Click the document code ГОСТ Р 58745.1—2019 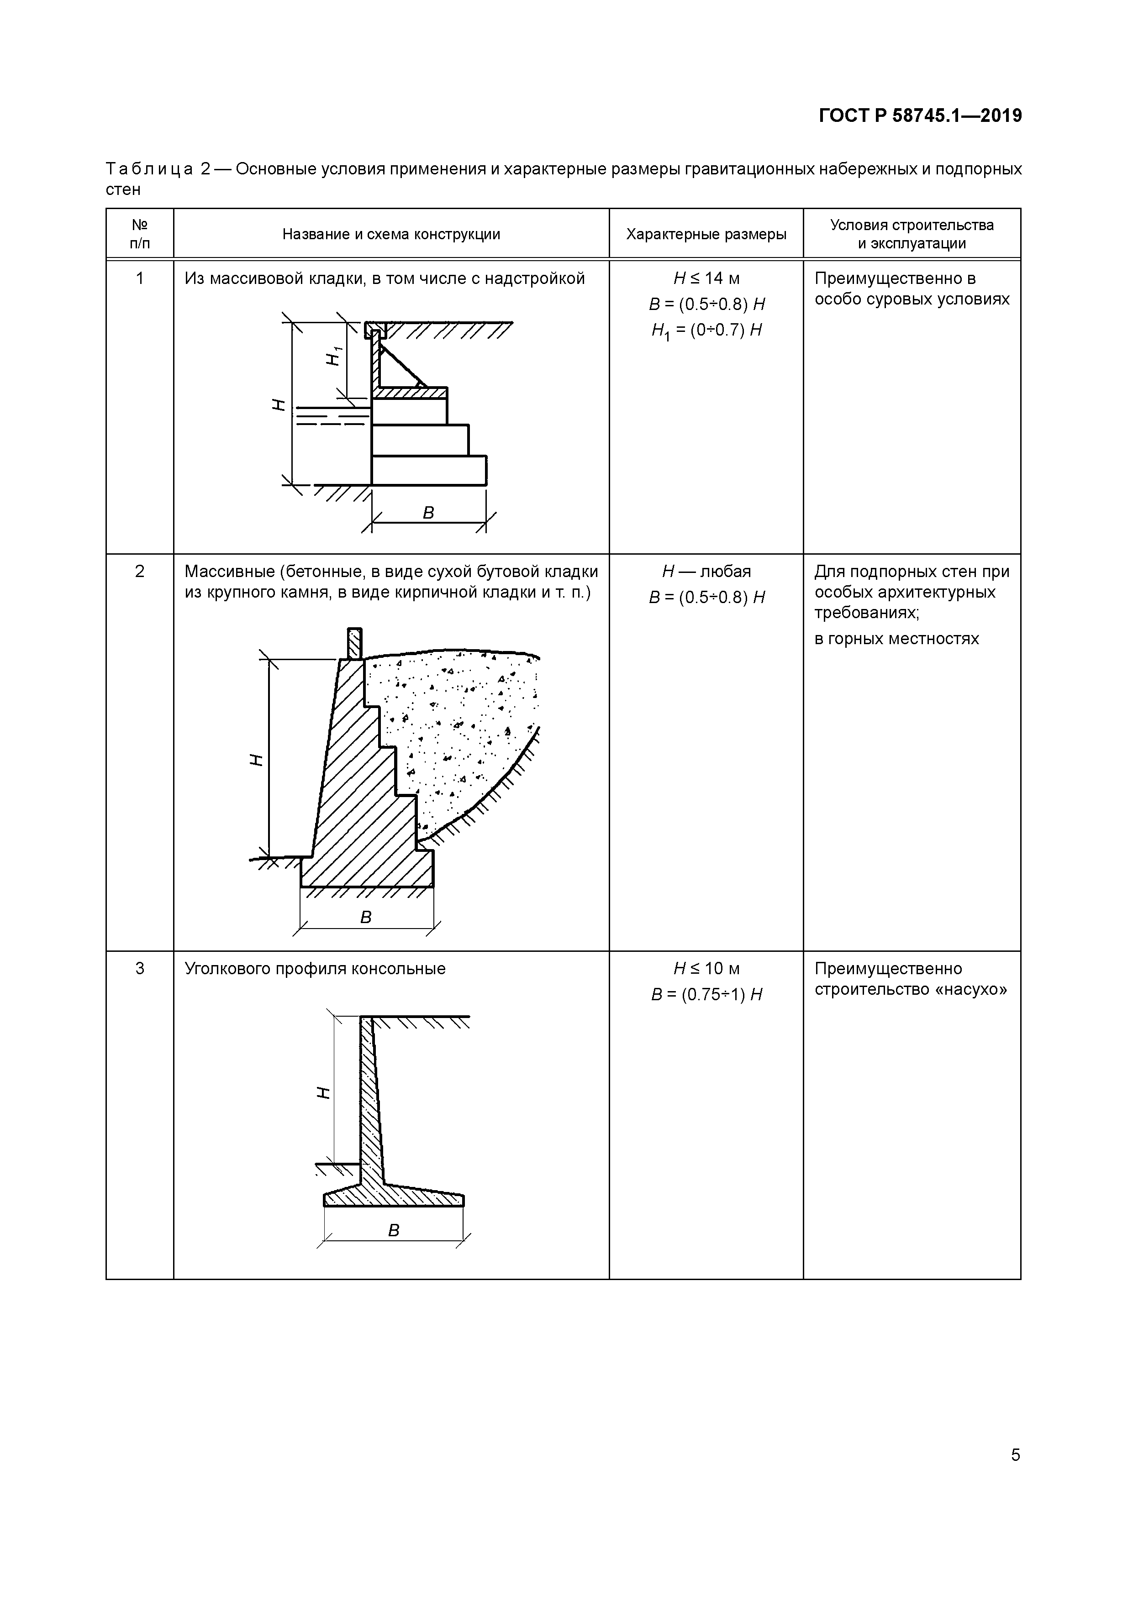click(920, 116)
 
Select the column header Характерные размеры click(706, 234)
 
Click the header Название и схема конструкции click(391, 234)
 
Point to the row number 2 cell click(140, 572)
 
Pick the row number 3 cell click(140, 969)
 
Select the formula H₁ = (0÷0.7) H click(706, 331)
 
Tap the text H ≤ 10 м click(706, 969)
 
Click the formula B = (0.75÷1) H click(706, 994)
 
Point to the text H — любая click(706, 572)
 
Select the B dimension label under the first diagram click(428, 513)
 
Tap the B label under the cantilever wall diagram click(394, 1231)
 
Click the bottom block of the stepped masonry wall click(428, 470)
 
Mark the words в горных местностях click(896, 639)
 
